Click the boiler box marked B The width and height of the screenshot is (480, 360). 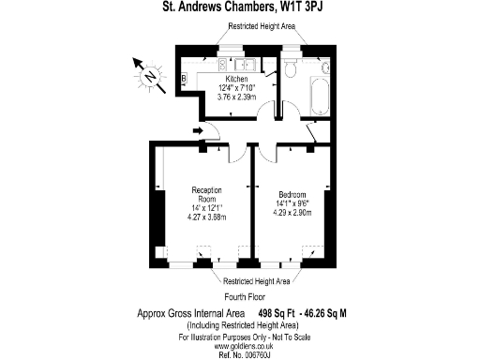tap(185, 77)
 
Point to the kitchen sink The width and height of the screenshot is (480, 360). tap(247, 65)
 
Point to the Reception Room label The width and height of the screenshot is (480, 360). tap(205, 194)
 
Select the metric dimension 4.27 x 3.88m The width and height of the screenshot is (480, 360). tap(205, 217)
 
